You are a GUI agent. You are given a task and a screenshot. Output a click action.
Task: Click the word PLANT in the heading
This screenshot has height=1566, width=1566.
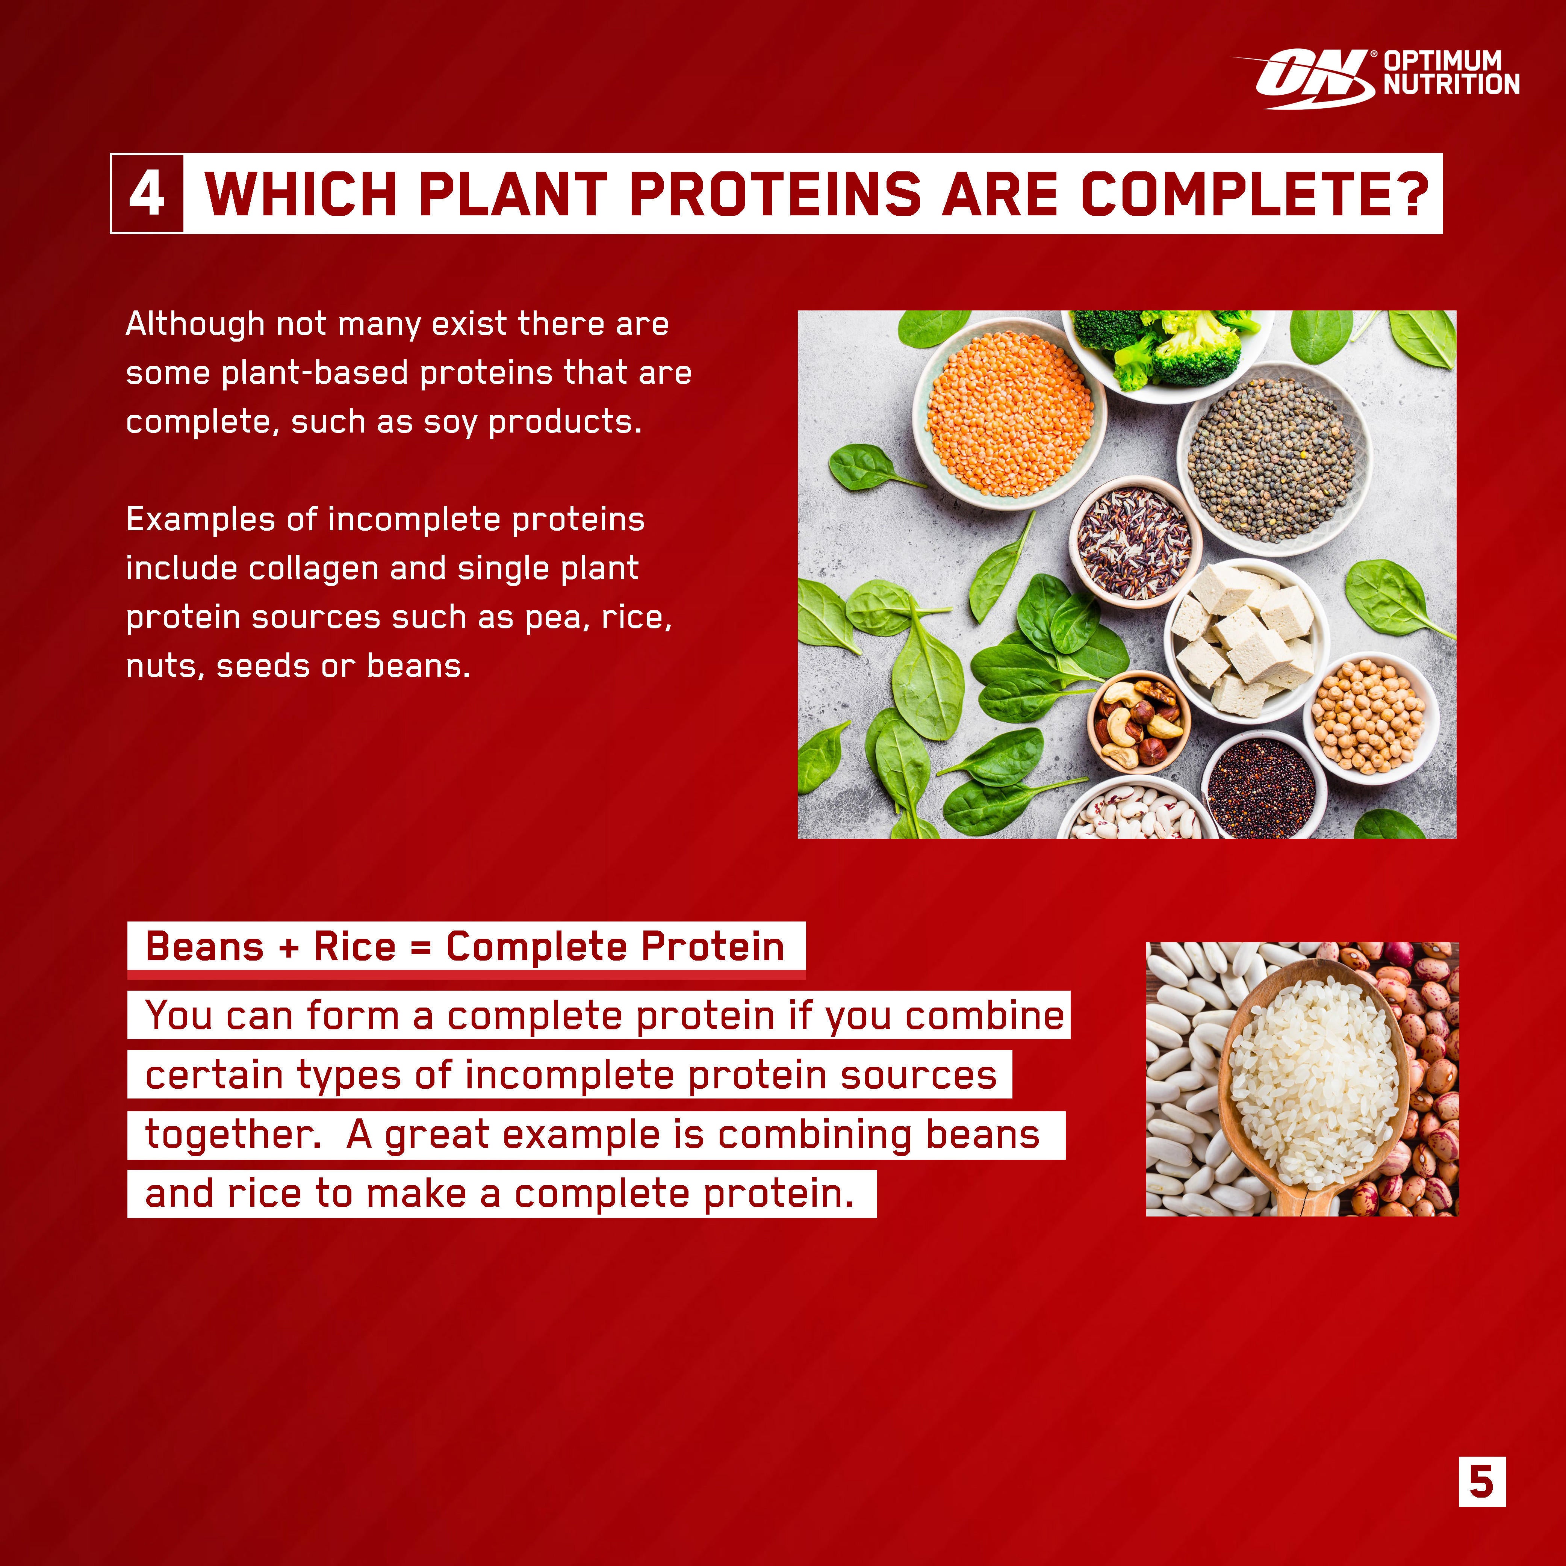click(512, 195)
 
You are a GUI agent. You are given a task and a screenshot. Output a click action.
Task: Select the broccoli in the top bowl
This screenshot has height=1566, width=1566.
click(1175, 345)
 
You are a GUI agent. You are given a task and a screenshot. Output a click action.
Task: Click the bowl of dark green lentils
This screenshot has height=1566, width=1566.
click(1272, 458)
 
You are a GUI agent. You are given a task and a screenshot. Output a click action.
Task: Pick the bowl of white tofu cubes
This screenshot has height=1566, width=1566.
click(1244, 636)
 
